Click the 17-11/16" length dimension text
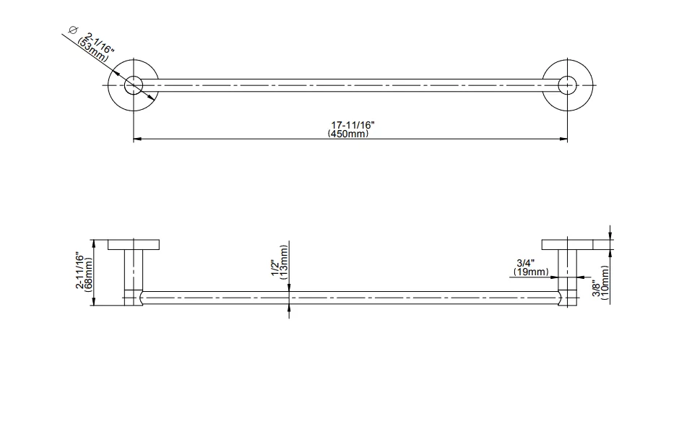353,125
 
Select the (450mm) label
348,134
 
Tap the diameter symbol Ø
73,30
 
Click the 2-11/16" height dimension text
80,270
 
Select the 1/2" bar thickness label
275,267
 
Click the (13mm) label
284,262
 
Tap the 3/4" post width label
526,264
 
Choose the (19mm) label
532,272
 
